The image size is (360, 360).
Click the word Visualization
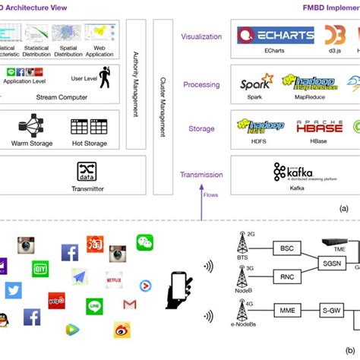coord(201,36)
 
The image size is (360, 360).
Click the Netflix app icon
coord(115,279)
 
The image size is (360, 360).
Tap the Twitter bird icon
coord(13,291)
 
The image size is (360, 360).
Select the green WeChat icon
coord(145,242)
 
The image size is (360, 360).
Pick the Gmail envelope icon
coord(130,305)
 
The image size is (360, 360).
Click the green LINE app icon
coord(94,305)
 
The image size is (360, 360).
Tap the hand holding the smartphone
coord(180,289)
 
